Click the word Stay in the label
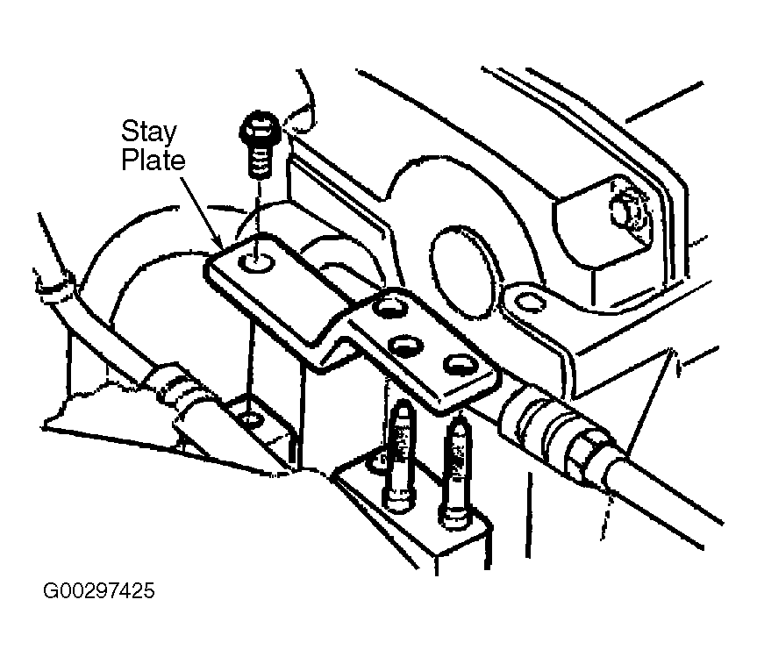148,133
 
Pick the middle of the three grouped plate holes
405,345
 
